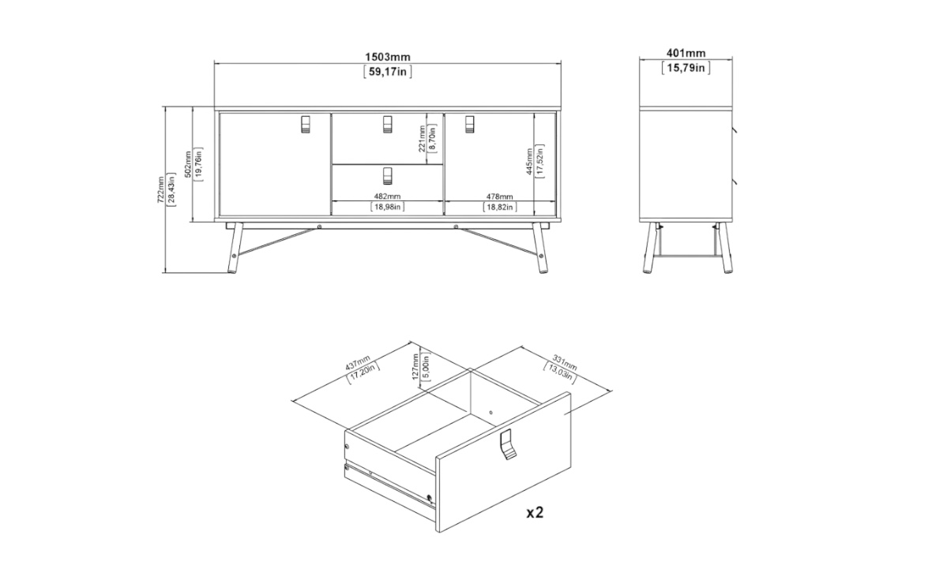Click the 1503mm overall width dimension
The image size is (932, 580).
point(387,57)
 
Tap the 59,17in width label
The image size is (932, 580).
point(387,72)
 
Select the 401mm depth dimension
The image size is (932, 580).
point(686,54)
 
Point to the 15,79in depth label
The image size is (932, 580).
point(686,68)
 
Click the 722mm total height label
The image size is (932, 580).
point(161,190)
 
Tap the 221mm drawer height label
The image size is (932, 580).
point(422,138)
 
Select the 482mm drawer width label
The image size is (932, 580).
point(387,196)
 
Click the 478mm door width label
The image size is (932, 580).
point(500,196)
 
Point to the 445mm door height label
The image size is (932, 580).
point(530,162)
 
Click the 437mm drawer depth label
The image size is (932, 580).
point(358,363)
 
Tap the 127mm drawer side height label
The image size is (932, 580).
point(415,368)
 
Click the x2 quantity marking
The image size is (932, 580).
point(535,511)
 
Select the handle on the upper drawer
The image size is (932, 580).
point(387,124)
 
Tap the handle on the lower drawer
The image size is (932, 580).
point(387,176)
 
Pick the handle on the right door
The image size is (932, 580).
point(470,124)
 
